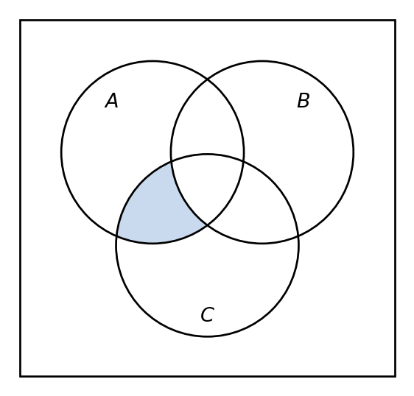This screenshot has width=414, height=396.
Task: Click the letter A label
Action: [112, 101]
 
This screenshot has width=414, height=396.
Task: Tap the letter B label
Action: [303, 101]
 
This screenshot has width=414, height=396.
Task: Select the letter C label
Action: [207, 314]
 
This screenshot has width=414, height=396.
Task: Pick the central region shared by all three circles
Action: [207, 186]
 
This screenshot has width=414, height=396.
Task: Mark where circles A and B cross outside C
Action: [207, 79]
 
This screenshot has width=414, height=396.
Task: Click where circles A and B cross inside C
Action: [207, 225]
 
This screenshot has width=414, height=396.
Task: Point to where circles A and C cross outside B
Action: [116, 235]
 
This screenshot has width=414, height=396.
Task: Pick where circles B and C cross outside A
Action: [298, 236]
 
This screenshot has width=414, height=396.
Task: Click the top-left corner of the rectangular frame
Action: [21, 20]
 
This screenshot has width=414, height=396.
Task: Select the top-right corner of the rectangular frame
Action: [396, 20]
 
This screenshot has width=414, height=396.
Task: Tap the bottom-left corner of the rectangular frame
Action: [21, 376]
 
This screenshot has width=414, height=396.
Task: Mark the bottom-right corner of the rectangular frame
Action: [396, 376]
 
